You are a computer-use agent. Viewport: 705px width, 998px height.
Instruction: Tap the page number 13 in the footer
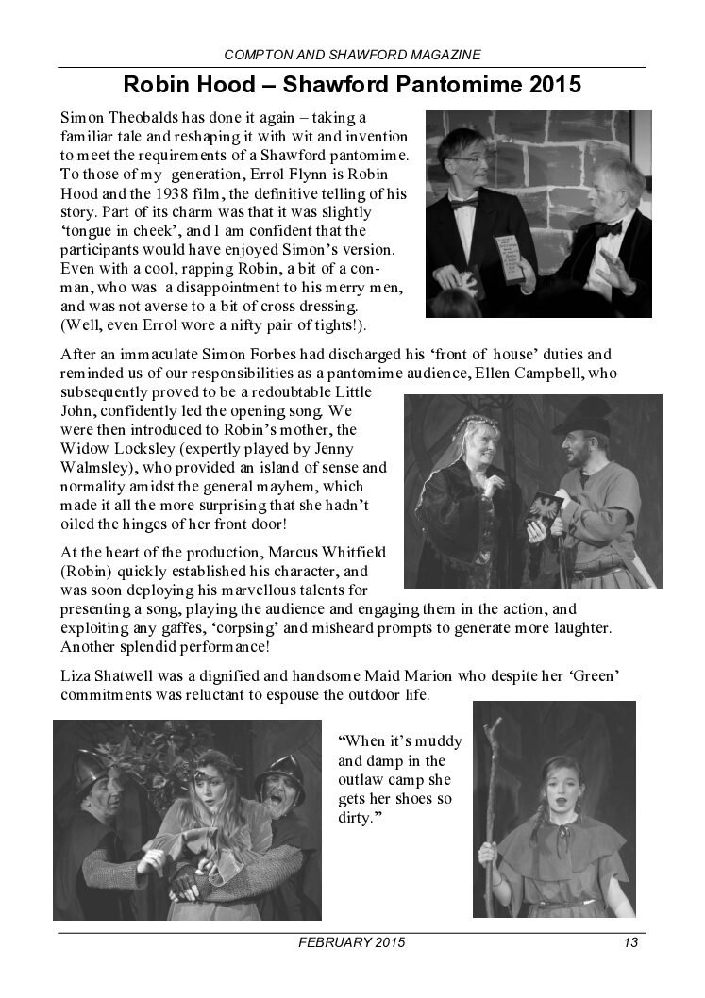pyautogui.click(x=630, y=943)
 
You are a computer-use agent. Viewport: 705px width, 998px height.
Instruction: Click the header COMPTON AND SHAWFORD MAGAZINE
pyautogui.click(x=352, y=56)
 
